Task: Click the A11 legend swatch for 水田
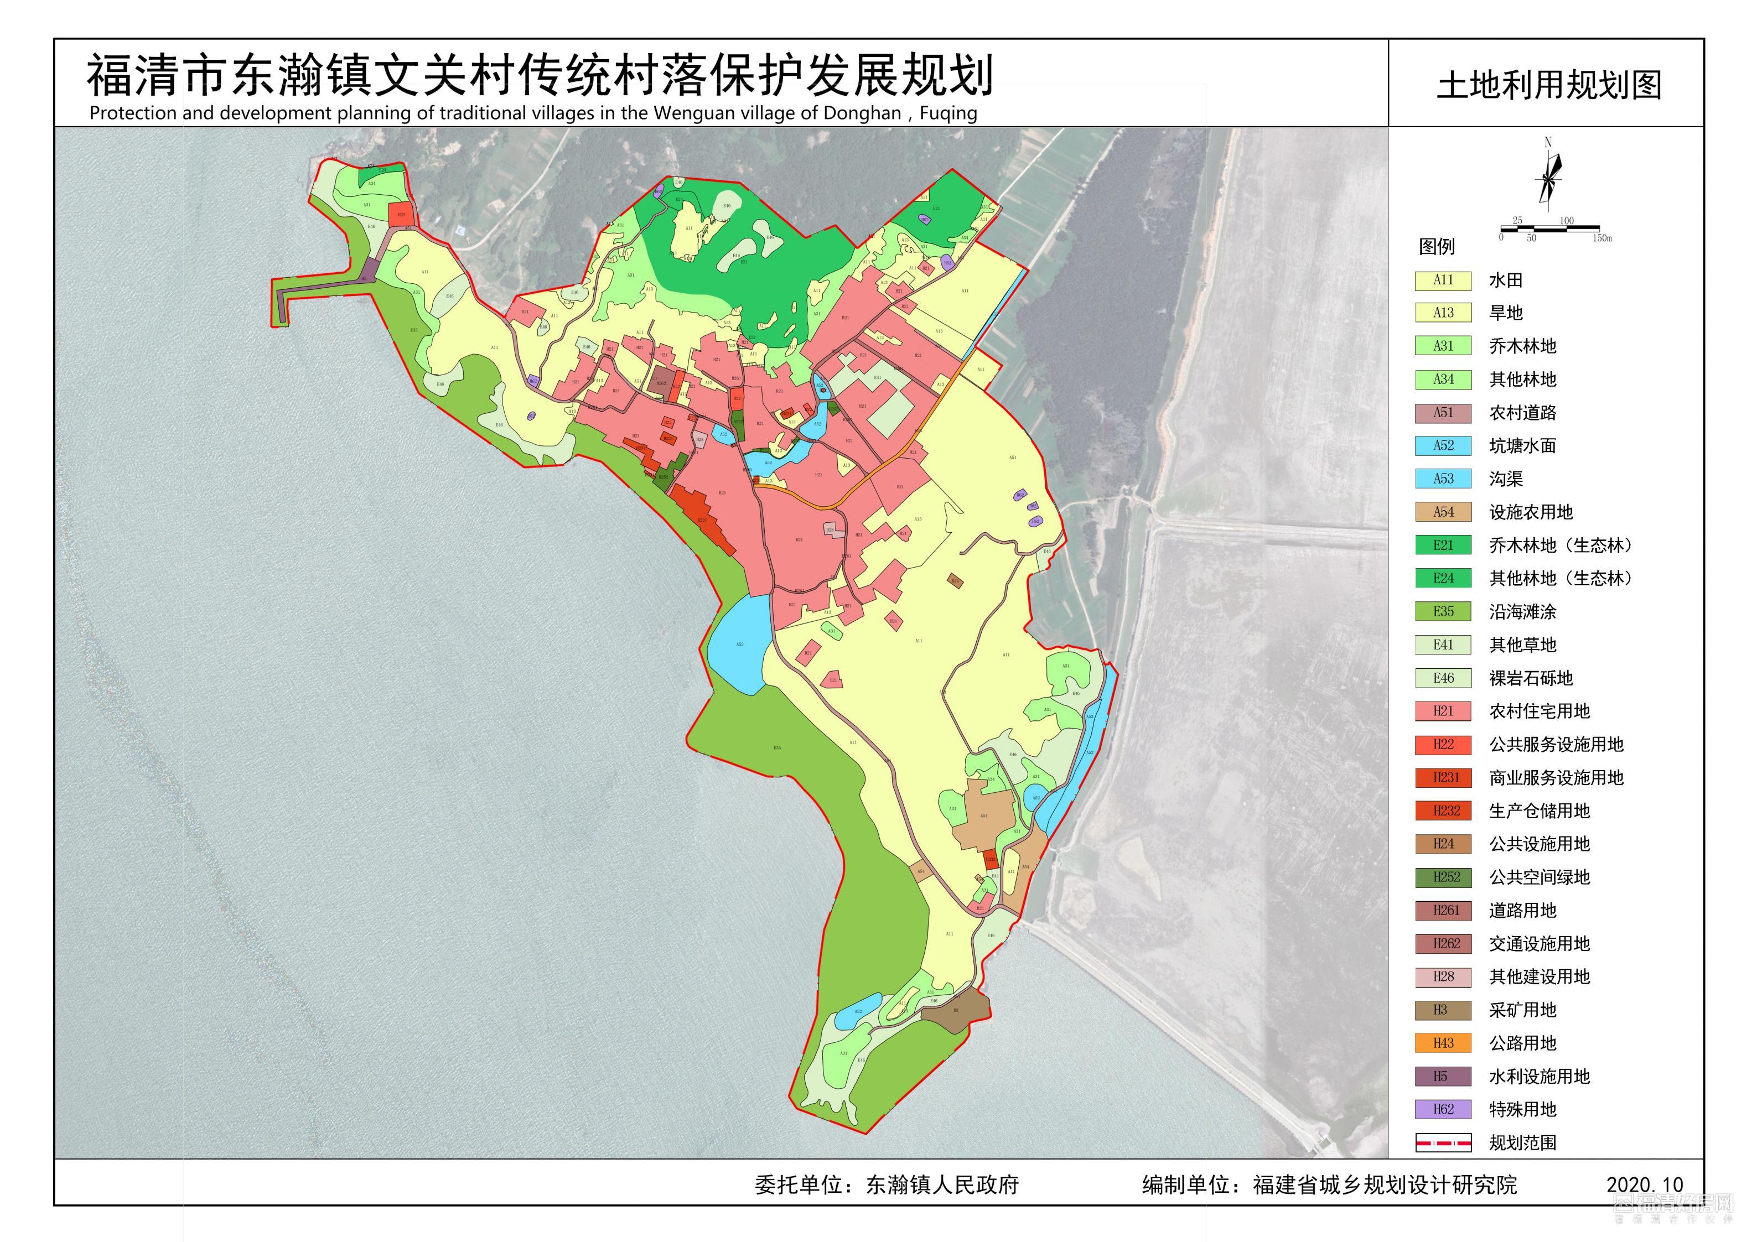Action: coord(1443,280)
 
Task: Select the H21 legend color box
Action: coord(1443,711)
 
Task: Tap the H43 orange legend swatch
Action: coord(1443,1043)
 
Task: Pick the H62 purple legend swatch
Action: coord(1443,1109)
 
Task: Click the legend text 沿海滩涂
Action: coord(1522,611)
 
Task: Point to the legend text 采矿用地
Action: coord(1522,1010)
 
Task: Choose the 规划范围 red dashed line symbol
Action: coord(1443,1142)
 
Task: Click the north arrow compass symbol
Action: coord(1548,178)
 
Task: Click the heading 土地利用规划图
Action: coord(1549,85)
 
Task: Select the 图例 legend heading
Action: coord(1437,246)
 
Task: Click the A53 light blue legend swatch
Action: coord(1443,479)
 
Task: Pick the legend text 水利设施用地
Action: coord(1539,1076)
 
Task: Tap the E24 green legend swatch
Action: coord(1443,579)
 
